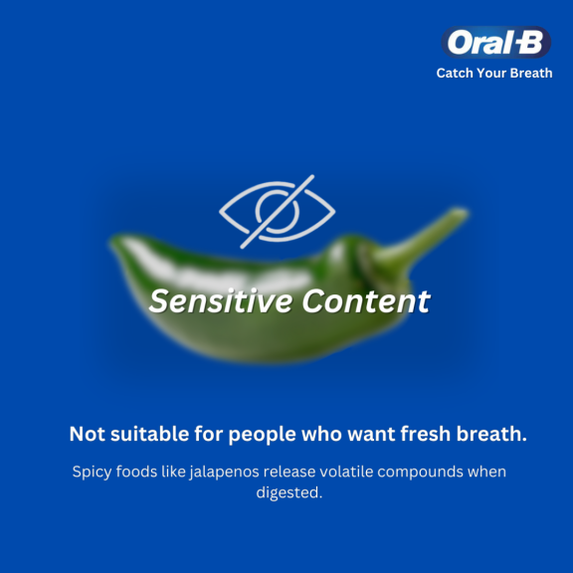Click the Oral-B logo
pos(495,42)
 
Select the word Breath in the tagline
pos(531,73)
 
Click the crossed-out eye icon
pos(277,212)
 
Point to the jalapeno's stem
pos(420,238)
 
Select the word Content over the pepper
pos(366,301)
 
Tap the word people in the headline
pos(262,435)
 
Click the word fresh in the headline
pos(426,434)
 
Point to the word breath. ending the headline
pos(491,434)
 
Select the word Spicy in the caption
pos(93,473)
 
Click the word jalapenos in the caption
pos(225,473)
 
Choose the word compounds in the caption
pos(420,473)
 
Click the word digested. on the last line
pos(289,493)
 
